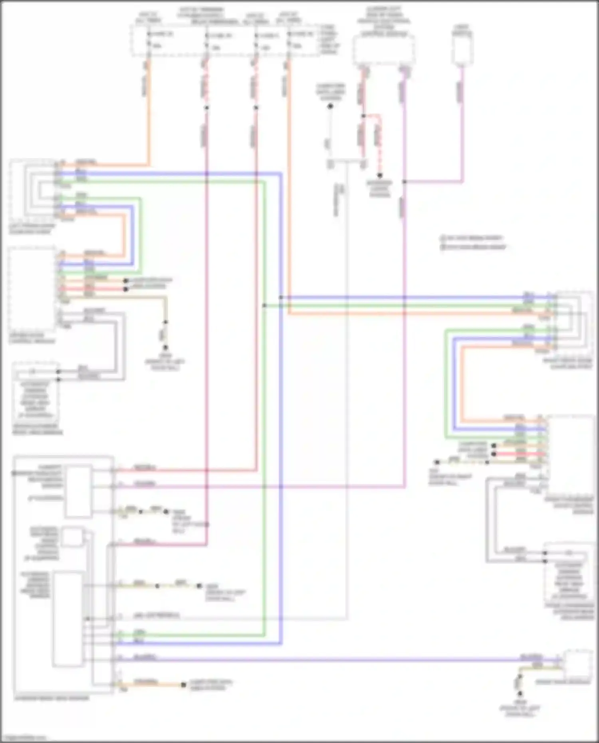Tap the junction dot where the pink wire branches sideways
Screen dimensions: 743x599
pyautogui.click(x=404, y=182)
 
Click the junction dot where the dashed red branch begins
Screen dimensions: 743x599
pyautogui.click(x=363, y=116)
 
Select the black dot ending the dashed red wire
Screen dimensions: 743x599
pyautogui.click(x=380, y=175)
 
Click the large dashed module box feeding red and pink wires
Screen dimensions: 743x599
pyautogui.click(x=383, y=50)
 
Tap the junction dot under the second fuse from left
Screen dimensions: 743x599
pyautogui.click(x=206, y=108)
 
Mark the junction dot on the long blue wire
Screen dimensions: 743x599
pyautogui.click(x=281, y=297)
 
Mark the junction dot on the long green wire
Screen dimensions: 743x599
pyautogui.click(x=264, y=305)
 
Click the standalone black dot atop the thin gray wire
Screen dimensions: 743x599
pyautogui.click(x=330, y=107)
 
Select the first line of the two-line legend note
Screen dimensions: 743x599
pyautogui.click(x=471, y=238)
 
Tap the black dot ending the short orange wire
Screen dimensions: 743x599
pyautogui.click(x=183, y=685)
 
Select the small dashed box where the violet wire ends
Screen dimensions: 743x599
pyautogui.click(x=577, y=664)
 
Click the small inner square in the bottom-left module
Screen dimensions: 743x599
pyautogui.click(x=72, y=537)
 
